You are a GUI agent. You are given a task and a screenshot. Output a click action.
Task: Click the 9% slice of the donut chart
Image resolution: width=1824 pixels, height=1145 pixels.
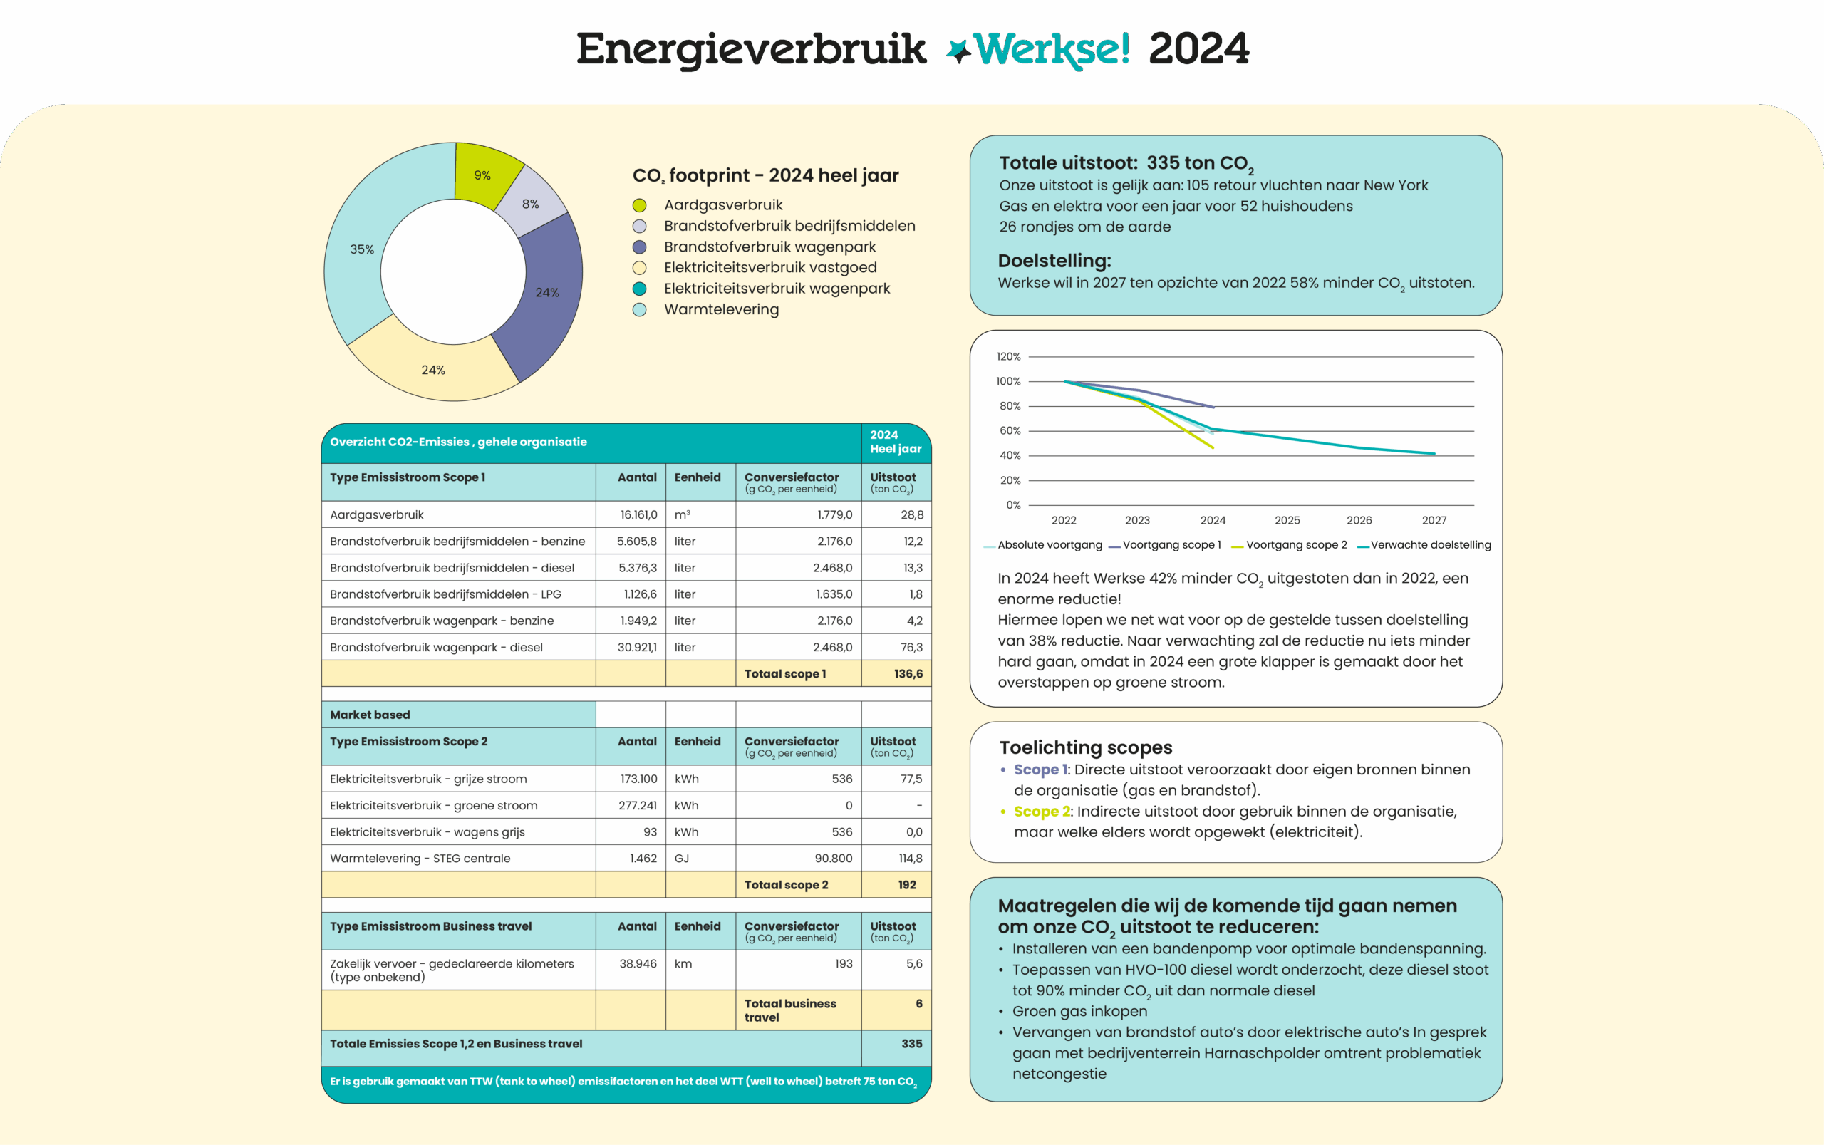click(482, 175)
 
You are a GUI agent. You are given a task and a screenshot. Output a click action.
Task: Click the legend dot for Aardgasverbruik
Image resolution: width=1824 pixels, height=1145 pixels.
click(640, 205)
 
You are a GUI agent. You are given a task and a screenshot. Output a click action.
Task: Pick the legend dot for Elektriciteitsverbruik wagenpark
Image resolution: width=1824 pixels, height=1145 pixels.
click(640, 289)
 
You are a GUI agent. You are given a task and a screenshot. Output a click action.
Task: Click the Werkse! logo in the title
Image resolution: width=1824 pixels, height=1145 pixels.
click(1038, 49)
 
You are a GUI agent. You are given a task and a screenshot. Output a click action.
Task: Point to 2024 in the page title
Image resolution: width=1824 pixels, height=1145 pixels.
click(1198, 49)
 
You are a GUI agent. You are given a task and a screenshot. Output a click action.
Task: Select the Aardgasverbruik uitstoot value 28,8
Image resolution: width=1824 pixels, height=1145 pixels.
click(911, 515)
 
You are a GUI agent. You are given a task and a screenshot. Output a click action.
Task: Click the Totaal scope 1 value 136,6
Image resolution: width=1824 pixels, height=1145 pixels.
click(908, 674)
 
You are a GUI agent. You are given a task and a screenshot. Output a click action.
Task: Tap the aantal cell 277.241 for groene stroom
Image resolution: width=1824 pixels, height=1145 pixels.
click(638, 806)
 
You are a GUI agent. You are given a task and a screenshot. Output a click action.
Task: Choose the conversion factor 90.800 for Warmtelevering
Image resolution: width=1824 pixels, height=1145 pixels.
click(833, 859)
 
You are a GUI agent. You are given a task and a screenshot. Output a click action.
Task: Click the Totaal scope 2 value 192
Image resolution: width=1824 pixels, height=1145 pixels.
click(907, 885)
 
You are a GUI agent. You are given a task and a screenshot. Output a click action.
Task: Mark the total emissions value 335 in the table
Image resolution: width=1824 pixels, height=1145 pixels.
click(911, 1044)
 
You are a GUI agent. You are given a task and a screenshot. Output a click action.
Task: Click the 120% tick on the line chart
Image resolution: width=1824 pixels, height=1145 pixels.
click(1008, 357)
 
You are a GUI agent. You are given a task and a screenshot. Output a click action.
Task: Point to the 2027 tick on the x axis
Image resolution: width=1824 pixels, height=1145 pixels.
click(1434, 520)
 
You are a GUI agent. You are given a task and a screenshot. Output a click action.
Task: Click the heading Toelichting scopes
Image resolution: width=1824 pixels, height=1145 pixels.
click(1086, 748)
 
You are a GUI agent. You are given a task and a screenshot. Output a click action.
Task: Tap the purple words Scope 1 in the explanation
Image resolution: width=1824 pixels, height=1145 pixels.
click(1040, 770)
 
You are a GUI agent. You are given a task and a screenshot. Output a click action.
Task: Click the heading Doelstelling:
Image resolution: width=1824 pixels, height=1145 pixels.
click(1054, 261)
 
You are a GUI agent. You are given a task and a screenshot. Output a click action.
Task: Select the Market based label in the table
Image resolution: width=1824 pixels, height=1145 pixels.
click(370, 715)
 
